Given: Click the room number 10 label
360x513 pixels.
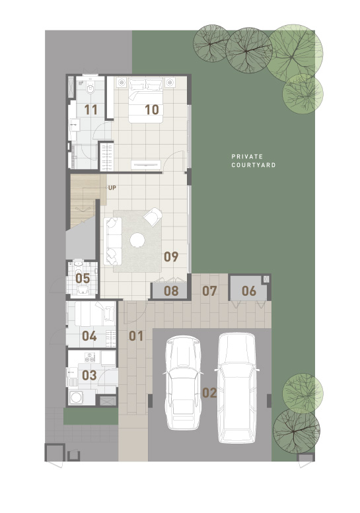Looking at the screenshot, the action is click(x=152, y=110).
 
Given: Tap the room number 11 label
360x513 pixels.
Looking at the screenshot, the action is click(x=90, y=110).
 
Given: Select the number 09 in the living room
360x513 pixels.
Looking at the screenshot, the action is click(x=171, y=256).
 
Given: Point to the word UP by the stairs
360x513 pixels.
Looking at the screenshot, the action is click(x=112, y=188).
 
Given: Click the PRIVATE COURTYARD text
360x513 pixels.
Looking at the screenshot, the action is click(x=253, y=160).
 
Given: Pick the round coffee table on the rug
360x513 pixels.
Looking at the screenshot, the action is click(x=137, y=240).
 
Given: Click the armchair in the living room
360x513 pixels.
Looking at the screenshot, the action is click(x=153, y=217).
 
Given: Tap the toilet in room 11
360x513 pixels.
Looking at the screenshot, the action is click(x=90, y=88).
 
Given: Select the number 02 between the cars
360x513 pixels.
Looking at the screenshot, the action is click(x=209, y=393).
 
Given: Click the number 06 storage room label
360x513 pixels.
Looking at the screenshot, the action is click(x=249, y=291).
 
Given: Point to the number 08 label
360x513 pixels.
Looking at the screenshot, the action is click(x=171, y=291).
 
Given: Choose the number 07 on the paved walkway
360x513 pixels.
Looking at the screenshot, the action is click(x=209, y=291).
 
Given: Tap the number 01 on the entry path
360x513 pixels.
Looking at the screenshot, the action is click(x=136, y=335).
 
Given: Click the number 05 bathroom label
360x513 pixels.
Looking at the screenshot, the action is click(x=83, y=279).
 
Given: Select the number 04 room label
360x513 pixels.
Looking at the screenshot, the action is click(x=89, y=335).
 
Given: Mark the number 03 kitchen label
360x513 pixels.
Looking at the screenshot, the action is click(x=89, y=375).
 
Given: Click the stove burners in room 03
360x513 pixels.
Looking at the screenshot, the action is click(x=90, y=357).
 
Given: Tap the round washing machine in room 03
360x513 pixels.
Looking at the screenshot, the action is click(x=76, y=397).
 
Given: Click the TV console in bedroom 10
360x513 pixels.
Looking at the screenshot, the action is click(x=146, y=164).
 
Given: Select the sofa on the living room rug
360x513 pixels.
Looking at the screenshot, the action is click(x=113, y=241).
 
